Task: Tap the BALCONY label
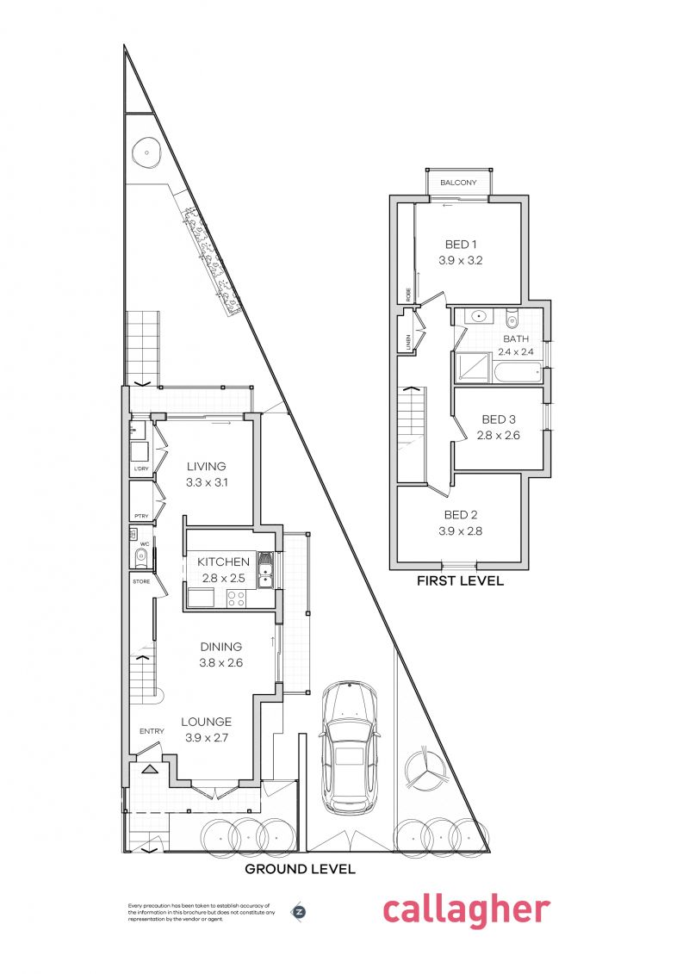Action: [x=458, y=183]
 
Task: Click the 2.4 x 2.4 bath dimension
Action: [x=516, y=351]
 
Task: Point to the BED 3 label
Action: [x=499, y=419]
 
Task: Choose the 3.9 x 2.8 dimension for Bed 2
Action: [x=461, y=531]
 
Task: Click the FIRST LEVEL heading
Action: [x=460, y=581]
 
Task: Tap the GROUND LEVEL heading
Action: [x=300, y=869]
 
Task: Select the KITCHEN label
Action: [x=223, y=561]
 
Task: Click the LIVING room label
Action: [x=206, y=467]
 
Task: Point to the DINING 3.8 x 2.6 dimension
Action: [x=220, y=663]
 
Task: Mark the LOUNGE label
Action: [x=206, y=722]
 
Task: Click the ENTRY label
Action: [x=152, y=732]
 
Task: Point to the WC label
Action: [x=145, y=544]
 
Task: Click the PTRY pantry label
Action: [x=141, y=517]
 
